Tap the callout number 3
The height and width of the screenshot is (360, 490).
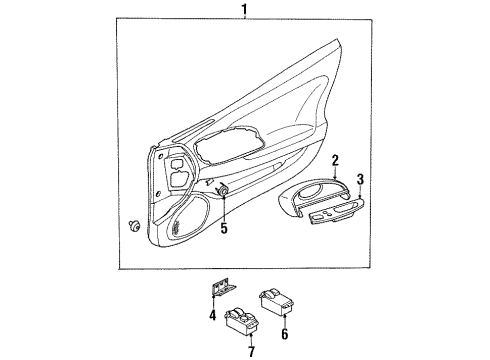pyautogui.click(x=360, y=180)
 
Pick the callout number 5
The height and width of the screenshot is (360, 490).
pyautogui.click(x=224, y=228)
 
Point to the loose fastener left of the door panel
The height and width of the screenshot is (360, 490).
pyautogui.click(x=134, y=226)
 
